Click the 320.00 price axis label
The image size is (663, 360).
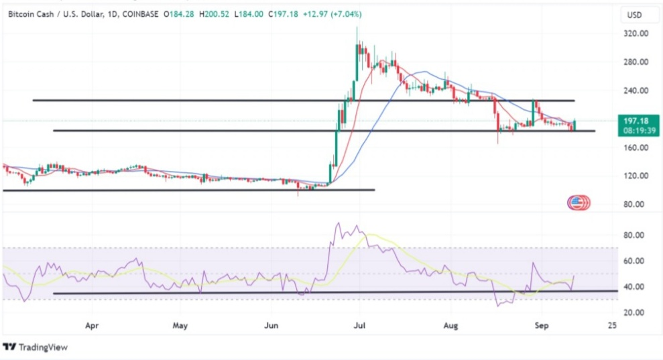pyautogui.click(x=636, y=34)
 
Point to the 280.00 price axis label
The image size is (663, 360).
pyautogui.click(x=636, y=62)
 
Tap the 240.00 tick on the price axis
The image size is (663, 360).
pyautogui.click(x=636, y=91)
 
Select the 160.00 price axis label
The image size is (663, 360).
pyautogui.click(x=636, y=147)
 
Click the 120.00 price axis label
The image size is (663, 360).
pyautogui.click(x=636, y=176)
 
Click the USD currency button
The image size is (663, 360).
pyautogui.click(x=634, y=14)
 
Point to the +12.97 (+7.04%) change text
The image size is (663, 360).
pyautogui.click(x=336, y=14)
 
